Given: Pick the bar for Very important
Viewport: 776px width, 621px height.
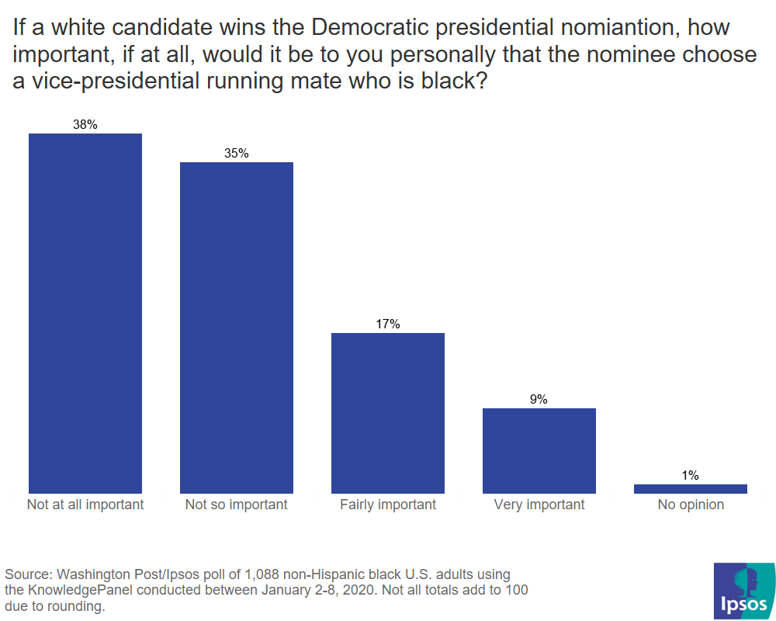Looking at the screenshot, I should click(x=539, y=450).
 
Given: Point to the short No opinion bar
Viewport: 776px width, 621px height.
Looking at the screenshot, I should click(x=691, y=489).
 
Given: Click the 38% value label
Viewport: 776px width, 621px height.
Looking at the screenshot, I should click(x=85, y=124).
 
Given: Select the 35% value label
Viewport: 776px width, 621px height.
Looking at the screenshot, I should click(x=237, y=153).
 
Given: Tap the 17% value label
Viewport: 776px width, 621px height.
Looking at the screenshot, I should click(x=388, y=324).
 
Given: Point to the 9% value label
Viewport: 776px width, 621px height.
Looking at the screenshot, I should click(x=539, y=399).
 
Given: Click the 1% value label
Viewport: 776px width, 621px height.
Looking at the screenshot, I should click(x=691, y=475).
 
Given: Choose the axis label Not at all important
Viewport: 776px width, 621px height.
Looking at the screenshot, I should click(x=85, y=505).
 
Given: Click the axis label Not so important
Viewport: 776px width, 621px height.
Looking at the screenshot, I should click(x=237, y=505).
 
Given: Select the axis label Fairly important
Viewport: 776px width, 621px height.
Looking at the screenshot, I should click(x=388, y=505).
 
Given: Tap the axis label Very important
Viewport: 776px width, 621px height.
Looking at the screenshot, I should click(x=539, y=505).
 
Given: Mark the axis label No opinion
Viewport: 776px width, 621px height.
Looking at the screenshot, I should click(x=691, y=505).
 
